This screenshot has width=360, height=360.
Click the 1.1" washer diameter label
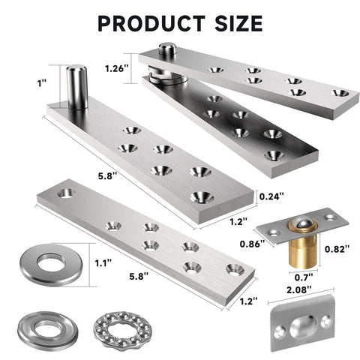(x=104, y=262)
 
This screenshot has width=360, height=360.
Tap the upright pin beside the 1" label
(x=76, y=87)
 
